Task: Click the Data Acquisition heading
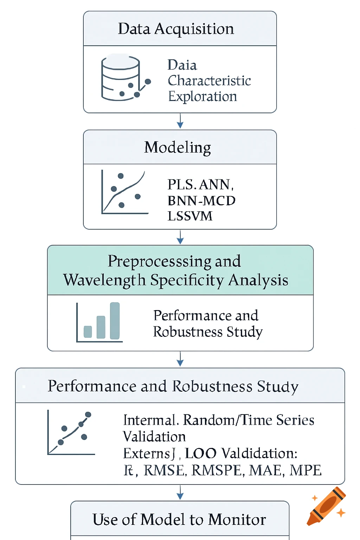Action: (x=176, y=29)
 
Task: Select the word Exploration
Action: (x=202, y=96)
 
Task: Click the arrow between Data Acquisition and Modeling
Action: (x=180, y=121)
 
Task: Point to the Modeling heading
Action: (x=178, y=147)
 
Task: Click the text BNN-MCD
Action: (x=201, y=201)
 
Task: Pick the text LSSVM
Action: (x=190, y=216)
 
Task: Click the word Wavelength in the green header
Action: (x=104, y=280)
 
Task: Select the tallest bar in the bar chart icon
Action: (x=115, y=321)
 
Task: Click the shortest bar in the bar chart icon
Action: (x=88, y=332)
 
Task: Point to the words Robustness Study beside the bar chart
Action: (x=207, y=332)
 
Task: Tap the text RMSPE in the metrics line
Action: (x=218, y=470)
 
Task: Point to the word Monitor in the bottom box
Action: (x=237, y=520)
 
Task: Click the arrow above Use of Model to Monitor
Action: (x=180, y=493)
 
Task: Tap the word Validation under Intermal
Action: (x=154, y=437)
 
